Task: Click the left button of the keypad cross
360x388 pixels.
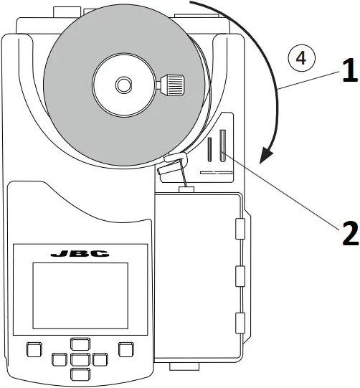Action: (x=59, y=358)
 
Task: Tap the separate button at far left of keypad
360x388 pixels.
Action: (x=34, y=349)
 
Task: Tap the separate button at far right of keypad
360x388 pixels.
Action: (x=126, y=349)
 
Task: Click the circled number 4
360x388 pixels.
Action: (x=303, y=58)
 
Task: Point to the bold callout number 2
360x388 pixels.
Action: (x=348, y=235)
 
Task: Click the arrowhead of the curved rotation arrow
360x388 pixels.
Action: (x=267, y=154)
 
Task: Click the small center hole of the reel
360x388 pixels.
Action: (x=124, y=85)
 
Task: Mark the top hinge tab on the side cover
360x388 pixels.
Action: (x=240, y=230)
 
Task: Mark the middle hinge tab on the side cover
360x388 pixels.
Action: (x=240, y=275)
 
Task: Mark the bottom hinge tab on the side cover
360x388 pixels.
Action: (x=240, y=321)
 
